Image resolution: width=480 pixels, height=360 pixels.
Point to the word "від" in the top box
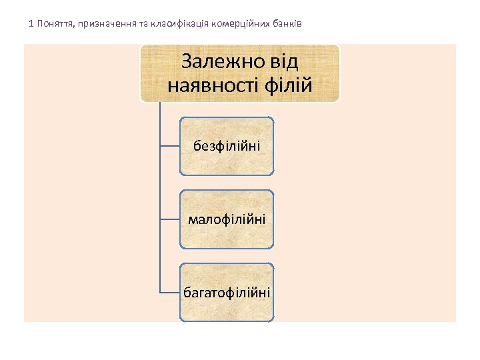(x=281, y=63)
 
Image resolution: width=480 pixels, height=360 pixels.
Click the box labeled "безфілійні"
(x=227, y=146)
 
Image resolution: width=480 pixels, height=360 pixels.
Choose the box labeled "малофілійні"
(x=227, y=219)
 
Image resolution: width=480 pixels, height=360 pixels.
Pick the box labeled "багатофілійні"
(x=227, y=292)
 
